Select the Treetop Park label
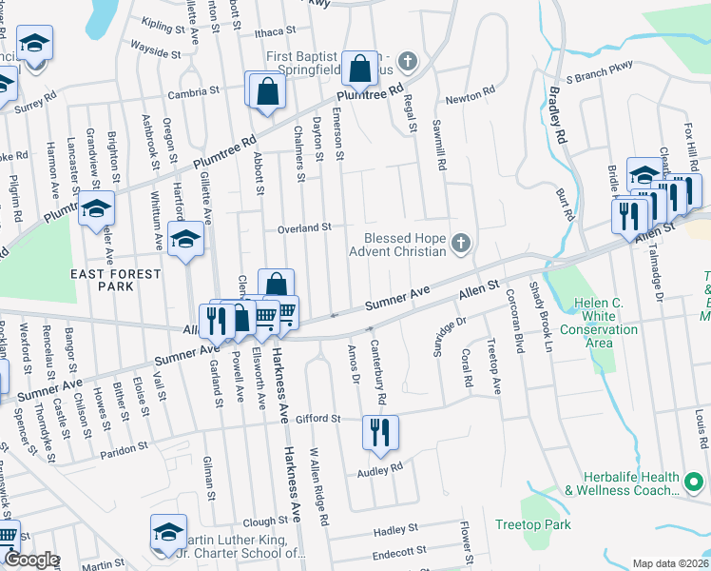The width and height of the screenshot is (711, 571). (533, 524)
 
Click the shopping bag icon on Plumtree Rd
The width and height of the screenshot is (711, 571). (359, 69)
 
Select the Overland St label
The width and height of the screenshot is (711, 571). (303, 228)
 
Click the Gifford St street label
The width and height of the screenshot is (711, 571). (317, 419)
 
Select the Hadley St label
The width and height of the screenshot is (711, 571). (396, 529)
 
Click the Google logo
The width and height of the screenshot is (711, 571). (31, 560)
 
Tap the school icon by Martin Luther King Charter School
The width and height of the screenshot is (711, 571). (167, 532)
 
